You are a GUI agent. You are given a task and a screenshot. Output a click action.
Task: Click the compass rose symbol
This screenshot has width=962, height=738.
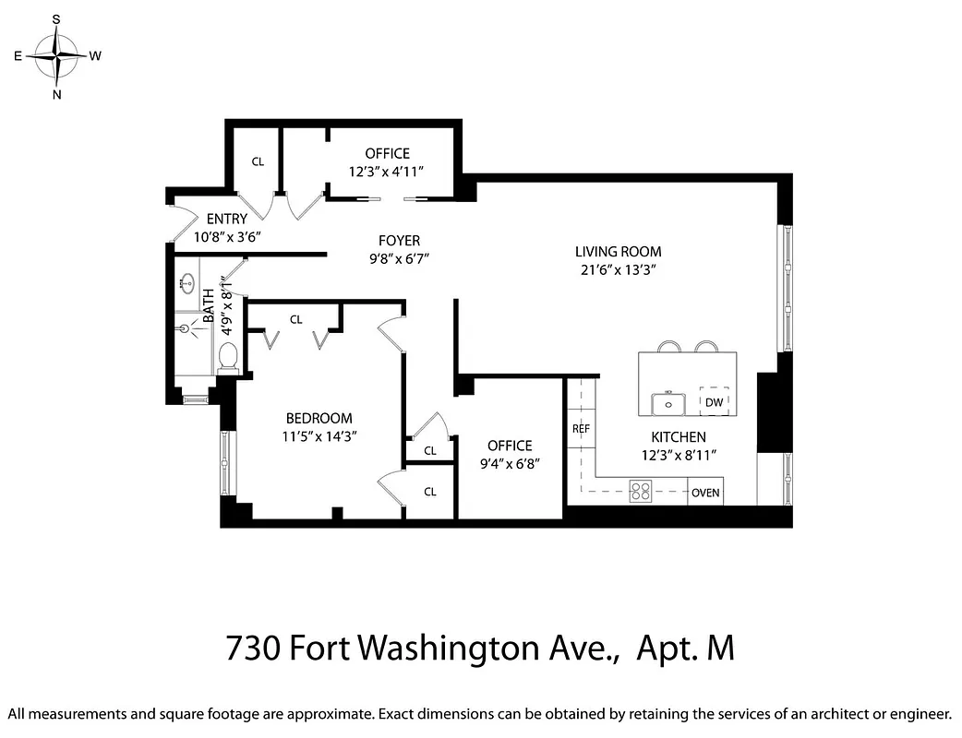57,56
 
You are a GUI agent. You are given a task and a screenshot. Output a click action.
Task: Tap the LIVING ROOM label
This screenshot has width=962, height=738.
618,251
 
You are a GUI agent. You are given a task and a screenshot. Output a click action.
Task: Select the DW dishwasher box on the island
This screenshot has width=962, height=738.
714,402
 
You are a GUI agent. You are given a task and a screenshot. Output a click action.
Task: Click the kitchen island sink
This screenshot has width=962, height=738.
667,403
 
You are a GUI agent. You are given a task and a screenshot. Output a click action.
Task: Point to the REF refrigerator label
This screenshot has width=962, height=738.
581,429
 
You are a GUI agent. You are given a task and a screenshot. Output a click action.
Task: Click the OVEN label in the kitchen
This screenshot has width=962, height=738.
705,493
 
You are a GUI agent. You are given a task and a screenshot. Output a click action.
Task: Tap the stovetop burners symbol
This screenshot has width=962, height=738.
641,491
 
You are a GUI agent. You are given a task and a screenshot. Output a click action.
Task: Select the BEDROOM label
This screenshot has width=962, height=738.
319,418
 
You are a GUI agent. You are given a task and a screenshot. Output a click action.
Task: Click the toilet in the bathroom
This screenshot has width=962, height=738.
228,356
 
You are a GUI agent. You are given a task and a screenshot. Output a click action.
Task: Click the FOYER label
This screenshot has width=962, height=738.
399,241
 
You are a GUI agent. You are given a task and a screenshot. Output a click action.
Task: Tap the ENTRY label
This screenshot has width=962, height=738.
226,220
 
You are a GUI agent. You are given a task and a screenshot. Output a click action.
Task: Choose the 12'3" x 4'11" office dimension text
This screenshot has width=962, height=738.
387,171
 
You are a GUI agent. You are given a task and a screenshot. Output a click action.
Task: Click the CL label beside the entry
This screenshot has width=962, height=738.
258,161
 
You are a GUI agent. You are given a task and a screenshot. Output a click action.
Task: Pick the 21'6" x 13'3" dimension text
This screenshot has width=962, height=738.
618,269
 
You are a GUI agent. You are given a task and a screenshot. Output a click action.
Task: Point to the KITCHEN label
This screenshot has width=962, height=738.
679,436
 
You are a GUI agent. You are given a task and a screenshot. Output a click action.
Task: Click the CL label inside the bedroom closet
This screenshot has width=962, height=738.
295,320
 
